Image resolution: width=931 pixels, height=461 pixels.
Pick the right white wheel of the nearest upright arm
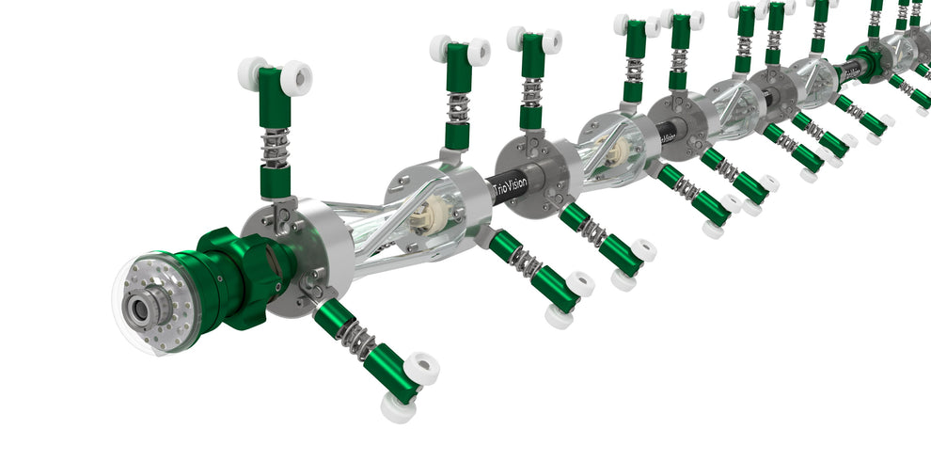point(296,78)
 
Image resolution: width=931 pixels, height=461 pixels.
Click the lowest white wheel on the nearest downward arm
point(398,407)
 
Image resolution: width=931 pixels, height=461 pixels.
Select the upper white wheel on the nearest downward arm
point(421,367)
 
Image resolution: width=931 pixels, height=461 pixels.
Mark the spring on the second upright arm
point(457,108)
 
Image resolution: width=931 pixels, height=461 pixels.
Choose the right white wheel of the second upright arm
point(479,52)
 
